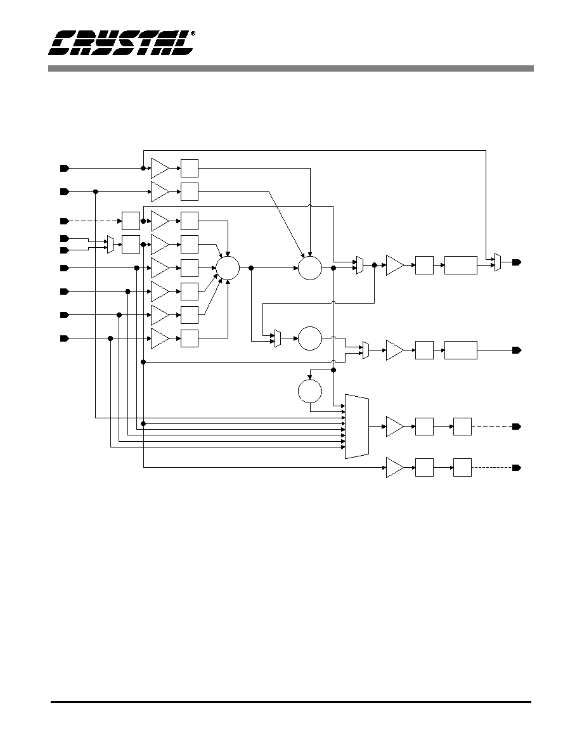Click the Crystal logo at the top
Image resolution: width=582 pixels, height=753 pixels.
(122, 42)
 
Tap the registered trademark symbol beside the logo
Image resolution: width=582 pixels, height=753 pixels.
(193, 34)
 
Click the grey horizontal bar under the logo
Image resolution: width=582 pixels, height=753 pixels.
(290, 68)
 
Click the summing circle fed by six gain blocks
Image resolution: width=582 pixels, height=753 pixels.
(228, 268)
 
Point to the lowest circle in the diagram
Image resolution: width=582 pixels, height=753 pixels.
(310, 391)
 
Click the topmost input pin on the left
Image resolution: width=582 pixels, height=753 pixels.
(64, 168)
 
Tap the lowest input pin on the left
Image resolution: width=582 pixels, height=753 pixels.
(64, 338)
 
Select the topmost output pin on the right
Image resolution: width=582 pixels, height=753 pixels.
(516, 262)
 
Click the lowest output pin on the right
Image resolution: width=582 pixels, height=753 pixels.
(516, 468)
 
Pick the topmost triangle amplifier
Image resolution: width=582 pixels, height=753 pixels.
(160, 168)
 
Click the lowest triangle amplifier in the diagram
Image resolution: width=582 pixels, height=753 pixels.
(395, 468)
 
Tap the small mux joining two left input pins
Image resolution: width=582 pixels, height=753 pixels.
(110, 245)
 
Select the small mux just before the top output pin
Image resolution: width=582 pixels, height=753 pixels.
(498, 262)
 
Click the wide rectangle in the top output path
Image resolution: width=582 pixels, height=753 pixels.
(461, 265)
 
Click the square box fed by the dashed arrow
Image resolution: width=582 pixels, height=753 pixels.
(131, 221)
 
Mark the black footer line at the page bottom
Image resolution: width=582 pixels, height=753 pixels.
(291, 702)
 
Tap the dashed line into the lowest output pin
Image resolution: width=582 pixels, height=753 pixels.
(492, 468)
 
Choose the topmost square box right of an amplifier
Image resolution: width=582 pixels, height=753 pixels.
(190, 168)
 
